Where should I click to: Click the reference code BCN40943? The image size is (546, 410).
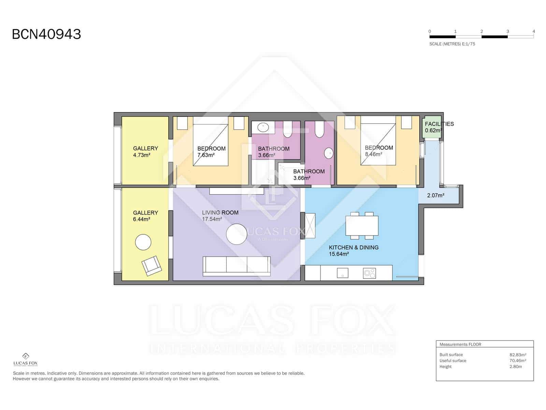click(46, 34)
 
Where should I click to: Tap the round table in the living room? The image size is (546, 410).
click(236, 234)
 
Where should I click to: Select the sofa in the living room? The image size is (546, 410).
click(236, 266)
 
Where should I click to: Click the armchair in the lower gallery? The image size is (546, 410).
click(152, 265)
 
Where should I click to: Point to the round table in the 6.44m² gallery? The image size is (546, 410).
click(143, 243)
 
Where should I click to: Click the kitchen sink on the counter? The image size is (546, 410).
click(343, 273)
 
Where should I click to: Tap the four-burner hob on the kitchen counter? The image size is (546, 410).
click(369, 273)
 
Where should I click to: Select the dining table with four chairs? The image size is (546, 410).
click(362, 225)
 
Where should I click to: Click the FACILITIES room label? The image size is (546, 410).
click(439, 124)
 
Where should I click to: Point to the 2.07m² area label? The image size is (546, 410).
click(435, 196)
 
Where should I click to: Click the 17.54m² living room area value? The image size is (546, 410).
click(212, 219)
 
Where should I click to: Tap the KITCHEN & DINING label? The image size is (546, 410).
click(354, 247)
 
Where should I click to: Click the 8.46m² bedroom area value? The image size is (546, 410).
click(373, 154)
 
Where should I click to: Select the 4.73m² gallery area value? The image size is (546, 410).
click(142, 155)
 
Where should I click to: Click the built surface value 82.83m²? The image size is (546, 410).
click(518, 355)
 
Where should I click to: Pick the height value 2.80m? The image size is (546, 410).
click(516, 367)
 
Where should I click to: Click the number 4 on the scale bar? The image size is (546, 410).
click(533, 31)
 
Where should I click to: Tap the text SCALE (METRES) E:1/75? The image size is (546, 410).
click(452, 44)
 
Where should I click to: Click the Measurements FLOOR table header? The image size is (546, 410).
click(460, 344)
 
